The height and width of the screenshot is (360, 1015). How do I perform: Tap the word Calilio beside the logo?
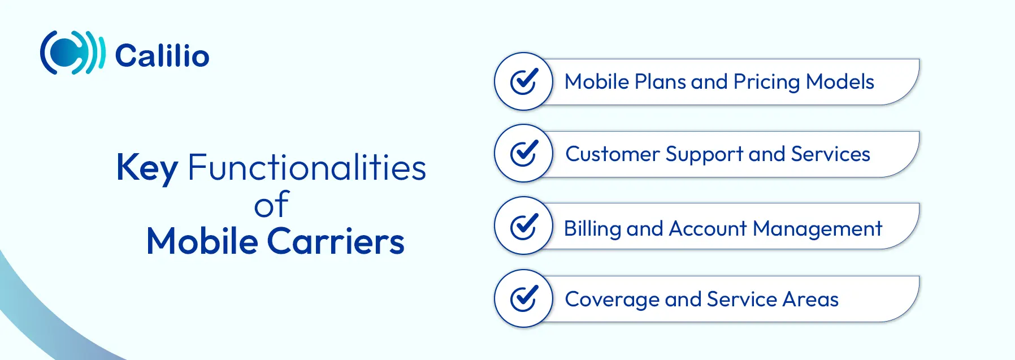(162, 55)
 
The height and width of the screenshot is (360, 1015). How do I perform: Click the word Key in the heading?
(147, 168)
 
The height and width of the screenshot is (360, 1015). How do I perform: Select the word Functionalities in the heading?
(307, 167)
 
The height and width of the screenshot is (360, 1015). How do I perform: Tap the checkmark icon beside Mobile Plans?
(523, 81)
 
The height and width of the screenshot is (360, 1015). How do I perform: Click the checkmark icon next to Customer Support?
(523, 153)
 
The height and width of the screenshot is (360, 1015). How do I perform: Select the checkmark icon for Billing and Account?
(523, 226)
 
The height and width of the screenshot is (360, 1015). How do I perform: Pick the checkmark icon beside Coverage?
(523, 298)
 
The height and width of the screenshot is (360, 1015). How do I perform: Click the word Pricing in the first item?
(766, 83)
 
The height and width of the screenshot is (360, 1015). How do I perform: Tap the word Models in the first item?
(840, 81)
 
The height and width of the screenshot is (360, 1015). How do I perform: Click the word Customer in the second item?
(613, 154)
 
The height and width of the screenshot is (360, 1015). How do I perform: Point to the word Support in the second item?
(704, 154)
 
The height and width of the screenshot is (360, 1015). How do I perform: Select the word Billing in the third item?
(592, 229)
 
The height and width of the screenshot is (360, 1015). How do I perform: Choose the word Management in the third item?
(818, 229)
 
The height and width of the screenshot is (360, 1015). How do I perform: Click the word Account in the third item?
(708, 228)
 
